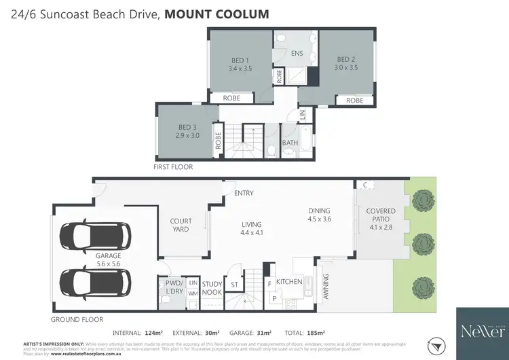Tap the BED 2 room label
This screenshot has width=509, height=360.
tap(346, 63)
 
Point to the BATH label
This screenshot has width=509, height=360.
tap(290, 143)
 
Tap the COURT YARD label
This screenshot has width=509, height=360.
tap(181, 225)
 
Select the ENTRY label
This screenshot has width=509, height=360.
tap(244, 194)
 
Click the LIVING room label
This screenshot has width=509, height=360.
tap(251, 229)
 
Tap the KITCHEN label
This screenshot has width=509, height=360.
tap(288, 281)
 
